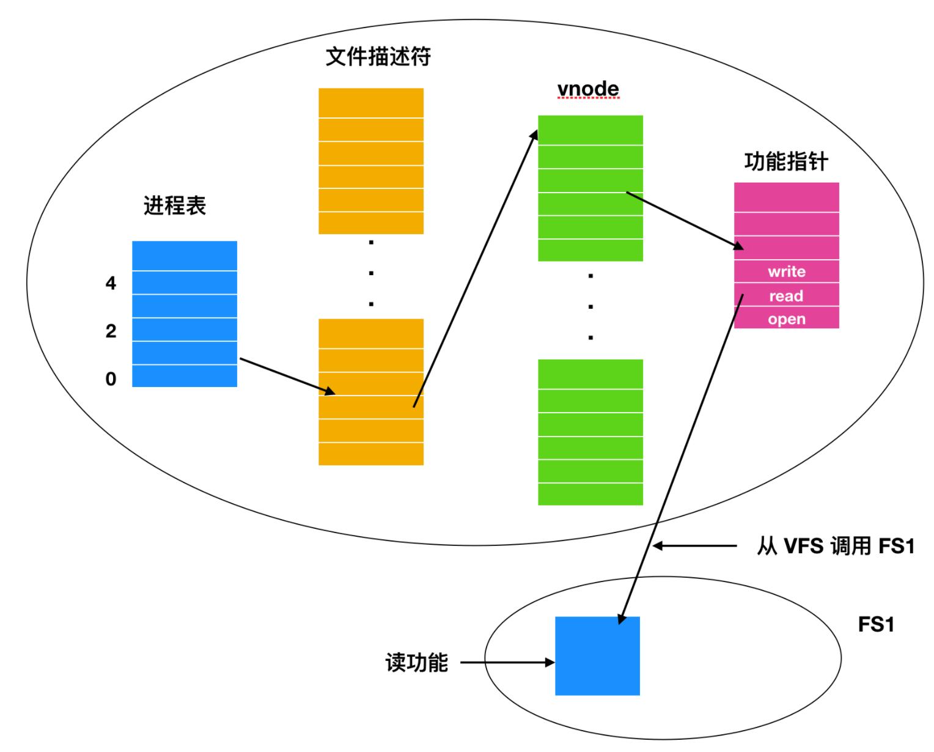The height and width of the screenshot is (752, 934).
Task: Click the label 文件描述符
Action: click(378, 56)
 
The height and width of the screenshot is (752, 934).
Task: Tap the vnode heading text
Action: click(588, 89)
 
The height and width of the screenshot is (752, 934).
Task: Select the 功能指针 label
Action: click(786, 161)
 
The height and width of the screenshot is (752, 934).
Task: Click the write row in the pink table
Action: click(786, 271)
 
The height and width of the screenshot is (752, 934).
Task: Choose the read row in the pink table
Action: click(786, 296)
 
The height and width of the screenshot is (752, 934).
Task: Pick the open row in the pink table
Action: click(786, 319)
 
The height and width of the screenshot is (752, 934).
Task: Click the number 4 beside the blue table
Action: click(111, 283)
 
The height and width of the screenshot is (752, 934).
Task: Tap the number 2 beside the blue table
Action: click(111, 331)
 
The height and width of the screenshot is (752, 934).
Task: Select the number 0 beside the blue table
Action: click(111, 379)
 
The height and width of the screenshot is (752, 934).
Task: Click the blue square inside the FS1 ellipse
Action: click(597, 655)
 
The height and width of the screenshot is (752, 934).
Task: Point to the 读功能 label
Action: click(417, 662)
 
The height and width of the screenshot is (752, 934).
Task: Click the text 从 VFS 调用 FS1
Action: click(835, 546)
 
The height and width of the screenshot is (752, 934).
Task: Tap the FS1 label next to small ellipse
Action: click(876, 625)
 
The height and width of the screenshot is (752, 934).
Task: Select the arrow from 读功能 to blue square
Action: click(507, 662)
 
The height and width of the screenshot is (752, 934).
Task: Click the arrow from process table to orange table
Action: click(287, 376)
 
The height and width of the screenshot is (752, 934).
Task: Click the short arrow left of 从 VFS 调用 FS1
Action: click(694, 546)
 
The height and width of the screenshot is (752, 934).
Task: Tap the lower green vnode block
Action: click(590, 432)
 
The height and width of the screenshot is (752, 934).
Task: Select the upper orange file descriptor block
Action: click(371, 161)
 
